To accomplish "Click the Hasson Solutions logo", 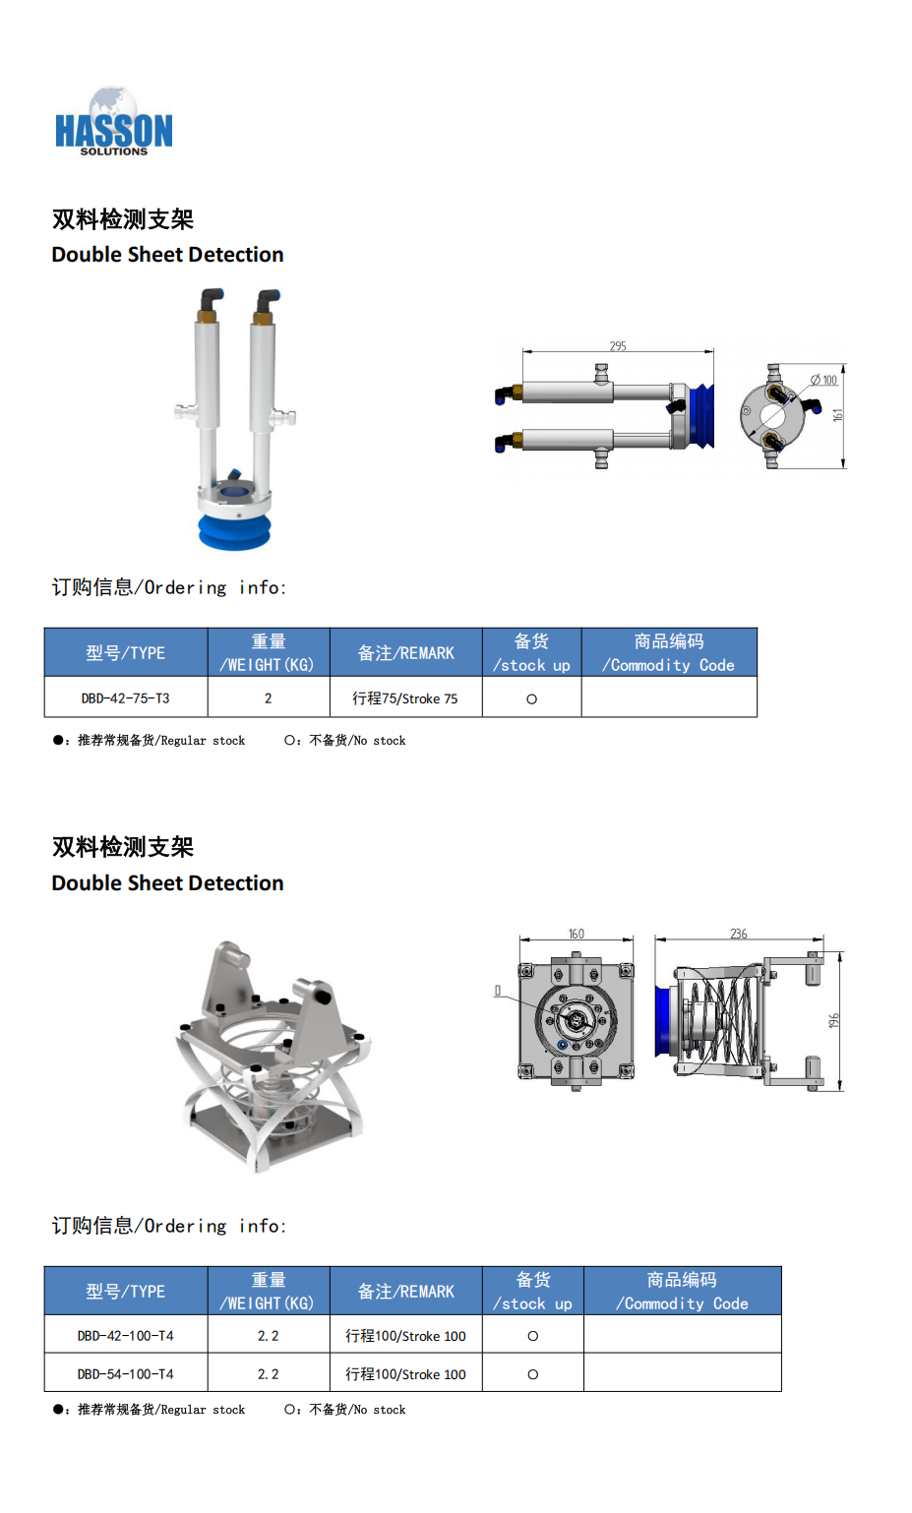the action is (113, 122).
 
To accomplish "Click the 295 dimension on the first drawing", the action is (618, 346).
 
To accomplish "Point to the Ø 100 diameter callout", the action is (824, 380).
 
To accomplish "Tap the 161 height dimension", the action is (837, 415).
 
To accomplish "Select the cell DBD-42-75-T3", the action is (126, 697).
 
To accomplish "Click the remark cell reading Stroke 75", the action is (404, 698).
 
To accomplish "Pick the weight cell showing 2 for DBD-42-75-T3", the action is (269, 697).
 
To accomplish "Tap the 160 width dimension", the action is (576, 934).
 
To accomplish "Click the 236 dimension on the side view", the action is (739, 934).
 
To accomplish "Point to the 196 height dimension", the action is (833, 1020).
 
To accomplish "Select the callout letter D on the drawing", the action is (498, 991).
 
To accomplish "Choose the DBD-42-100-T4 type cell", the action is (126, 1335).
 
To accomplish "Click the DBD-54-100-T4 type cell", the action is (126, 1374).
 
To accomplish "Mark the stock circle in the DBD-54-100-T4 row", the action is (533, 1374).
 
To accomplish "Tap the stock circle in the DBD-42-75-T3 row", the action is (531, 699).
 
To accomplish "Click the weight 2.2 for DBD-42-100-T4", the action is (269, 1335).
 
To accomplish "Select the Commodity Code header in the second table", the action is (682, 1291).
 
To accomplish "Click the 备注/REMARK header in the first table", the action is (406, 652).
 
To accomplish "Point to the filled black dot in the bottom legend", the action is (58, 1409).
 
